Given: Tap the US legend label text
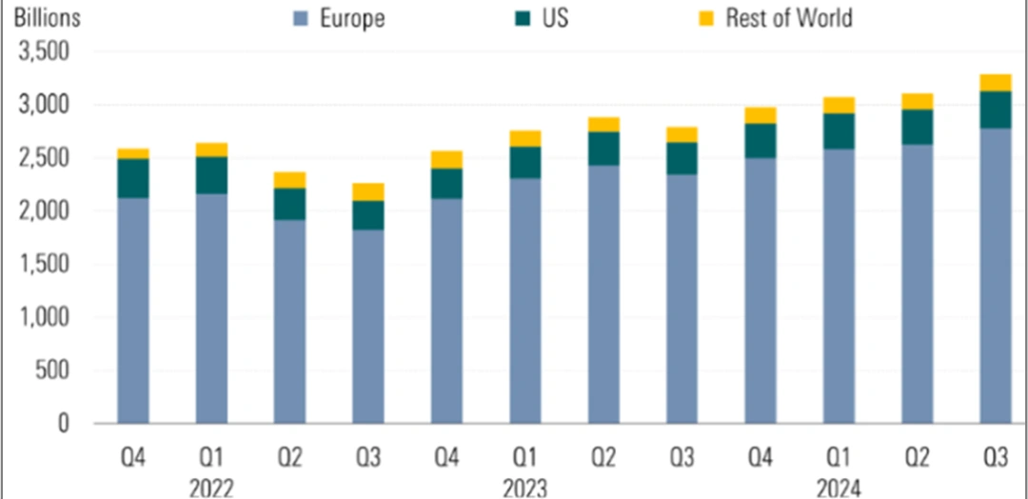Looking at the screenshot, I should point(554,17).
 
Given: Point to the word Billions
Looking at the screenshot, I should point(44,17).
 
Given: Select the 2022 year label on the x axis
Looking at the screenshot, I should point(212,487).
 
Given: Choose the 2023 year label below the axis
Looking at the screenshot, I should point(525,487).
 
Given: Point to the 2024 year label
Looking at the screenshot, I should point(839,487).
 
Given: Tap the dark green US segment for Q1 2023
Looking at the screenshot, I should point(525,162).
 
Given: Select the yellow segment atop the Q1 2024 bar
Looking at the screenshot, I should point(839,105).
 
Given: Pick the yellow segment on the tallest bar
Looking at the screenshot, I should point(996,82).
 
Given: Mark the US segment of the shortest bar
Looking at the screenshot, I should point(368,214).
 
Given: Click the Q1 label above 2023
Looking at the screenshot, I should point(525,458).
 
